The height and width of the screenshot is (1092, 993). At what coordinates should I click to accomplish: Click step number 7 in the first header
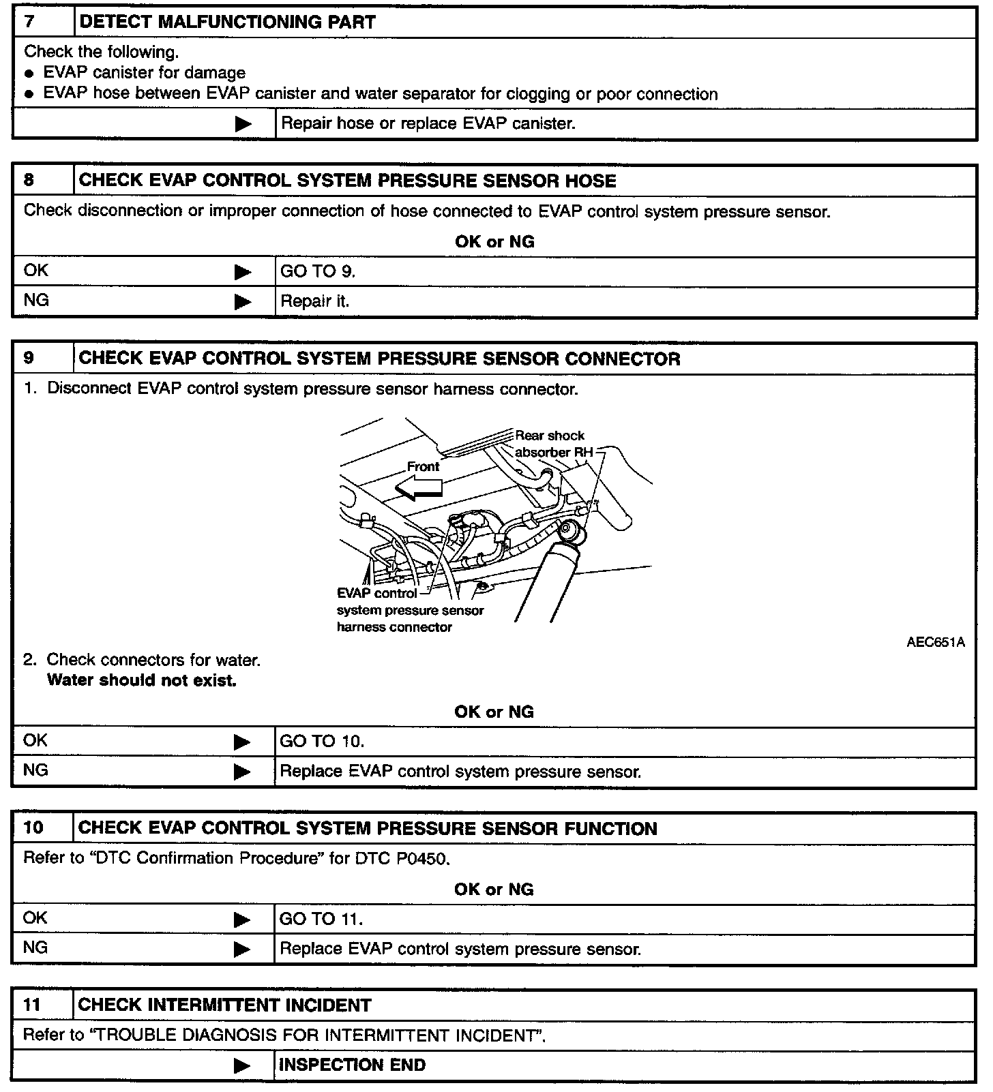(30, 22)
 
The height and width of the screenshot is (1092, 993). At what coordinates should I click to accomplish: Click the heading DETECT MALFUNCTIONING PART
(227, 22)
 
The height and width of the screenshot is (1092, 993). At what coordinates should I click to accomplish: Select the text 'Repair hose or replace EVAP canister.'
(428, 123)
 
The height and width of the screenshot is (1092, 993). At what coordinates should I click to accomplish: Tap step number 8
(29, 180)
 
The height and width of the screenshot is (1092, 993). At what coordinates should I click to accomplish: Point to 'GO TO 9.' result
(318, 271)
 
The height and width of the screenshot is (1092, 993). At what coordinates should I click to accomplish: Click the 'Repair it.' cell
(314, 301)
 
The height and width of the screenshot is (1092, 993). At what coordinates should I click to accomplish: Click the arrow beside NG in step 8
(243, 301)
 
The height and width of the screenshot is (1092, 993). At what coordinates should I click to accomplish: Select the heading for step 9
(379, 359)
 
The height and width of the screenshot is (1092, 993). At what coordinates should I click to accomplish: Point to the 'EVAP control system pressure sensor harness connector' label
(409, 610)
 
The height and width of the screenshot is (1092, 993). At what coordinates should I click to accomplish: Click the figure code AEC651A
(935, 642)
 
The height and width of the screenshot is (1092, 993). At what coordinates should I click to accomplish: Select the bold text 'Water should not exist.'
(141, 680)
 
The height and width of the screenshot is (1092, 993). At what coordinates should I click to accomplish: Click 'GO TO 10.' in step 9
(322, 741)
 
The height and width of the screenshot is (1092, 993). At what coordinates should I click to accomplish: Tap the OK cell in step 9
(35, 740)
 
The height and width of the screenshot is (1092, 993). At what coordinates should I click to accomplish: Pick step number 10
(33, 828)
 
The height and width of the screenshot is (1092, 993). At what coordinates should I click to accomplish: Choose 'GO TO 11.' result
(321, 919)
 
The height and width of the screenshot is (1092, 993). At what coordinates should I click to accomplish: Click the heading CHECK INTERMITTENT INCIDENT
(224, 1005)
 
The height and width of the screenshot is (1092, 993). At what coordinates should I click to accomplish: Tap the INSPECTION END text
(352, 1065)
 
